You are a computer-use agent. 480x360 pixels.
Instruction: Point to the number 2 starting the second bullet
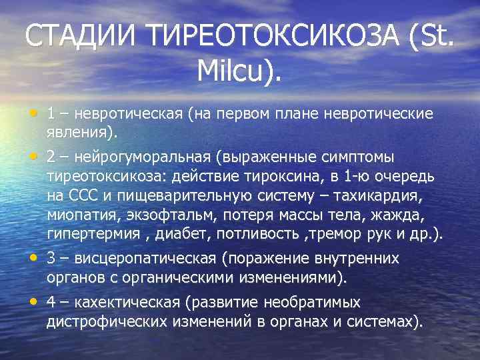pyautogui.click(x=51, y=157)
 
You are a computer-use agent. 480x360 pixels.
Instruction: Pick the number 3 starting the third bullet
pyautogui.click(x=51, y=259)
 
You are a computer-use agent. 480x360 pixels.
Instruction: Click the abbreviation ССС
pyautogui.click(x=83, y=196)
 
